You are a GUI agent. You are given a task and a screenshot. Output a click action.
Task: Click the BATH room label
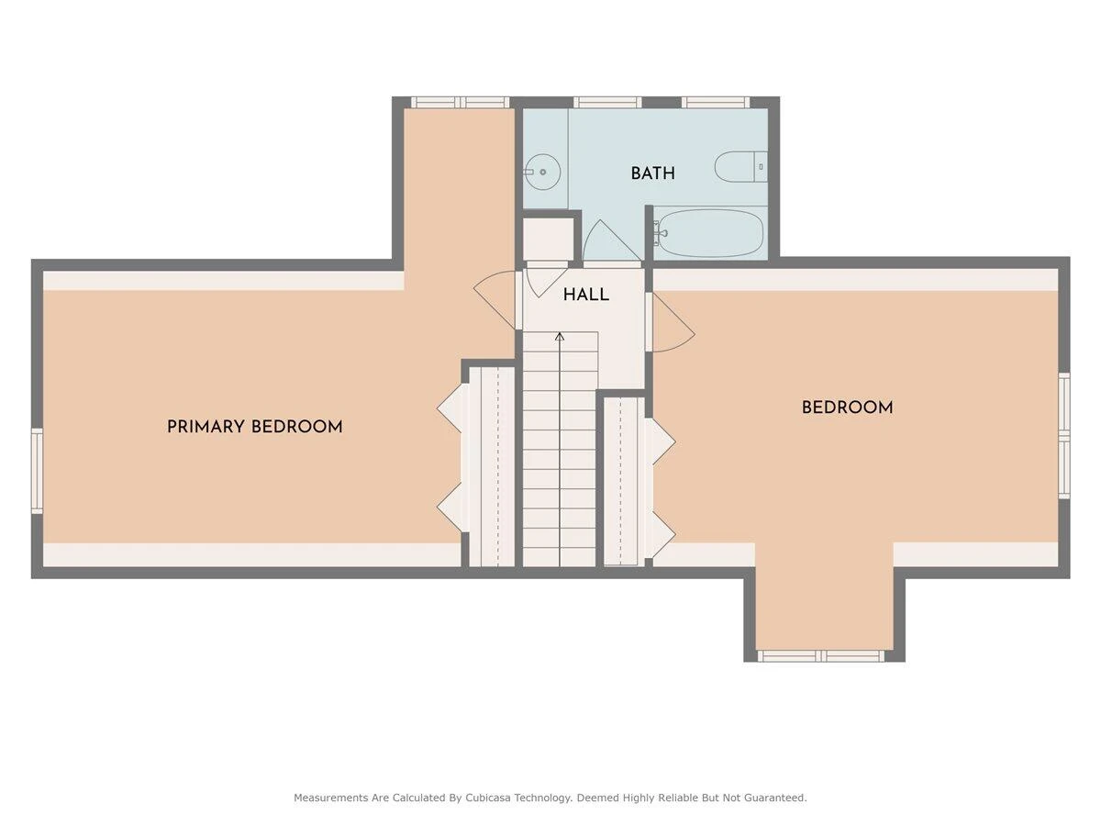(x=652, y=173)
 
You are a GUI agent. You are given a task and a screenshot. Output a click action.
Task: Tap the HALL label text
(x=586, y=295)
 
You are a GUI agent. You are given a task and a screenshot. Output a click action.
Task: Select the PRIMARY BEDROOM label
(x=254, y=427)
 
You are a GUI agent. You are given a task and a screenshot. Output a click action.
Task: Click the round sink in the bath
(x=542, y=172)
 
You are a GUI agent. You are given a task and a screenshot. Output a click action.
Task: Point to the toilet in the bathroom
(x=740, y=166)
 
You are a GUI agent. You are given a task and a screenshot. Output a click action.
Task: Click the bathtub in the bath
(x=709, y=234)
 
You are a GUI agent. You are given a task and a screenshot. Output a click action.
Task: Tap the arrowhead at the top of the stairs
(x=560, y=337)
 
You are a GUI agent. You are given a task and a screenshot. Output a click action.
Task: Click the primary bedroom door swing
(x=495, y=300)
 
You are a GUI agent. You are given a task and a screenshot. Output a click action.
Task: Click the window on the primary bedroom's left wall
(x=37, y=471)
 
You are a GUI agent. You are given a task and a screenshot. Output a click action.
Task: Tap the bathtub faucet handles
(x=659, y=233)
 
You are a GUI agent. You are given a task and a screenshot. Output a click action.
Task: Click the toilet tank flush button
(x=761, y=167)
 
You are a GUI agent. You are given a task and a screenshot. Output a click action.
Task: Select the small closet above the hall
(x=549, y=240)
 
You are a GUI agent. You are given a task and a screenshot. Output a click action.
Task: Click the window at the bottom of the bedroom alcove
(x=820, y=656)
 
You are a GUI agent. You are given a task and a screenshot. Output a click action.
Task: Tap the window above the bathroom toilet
(x=716, y=102)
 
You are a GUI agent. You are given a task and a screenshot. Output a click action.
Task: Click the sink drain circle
(x=542, y=172)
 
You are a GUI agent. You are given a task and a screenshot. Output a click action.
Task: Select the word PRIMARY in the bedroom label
(x=206, y=427)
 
